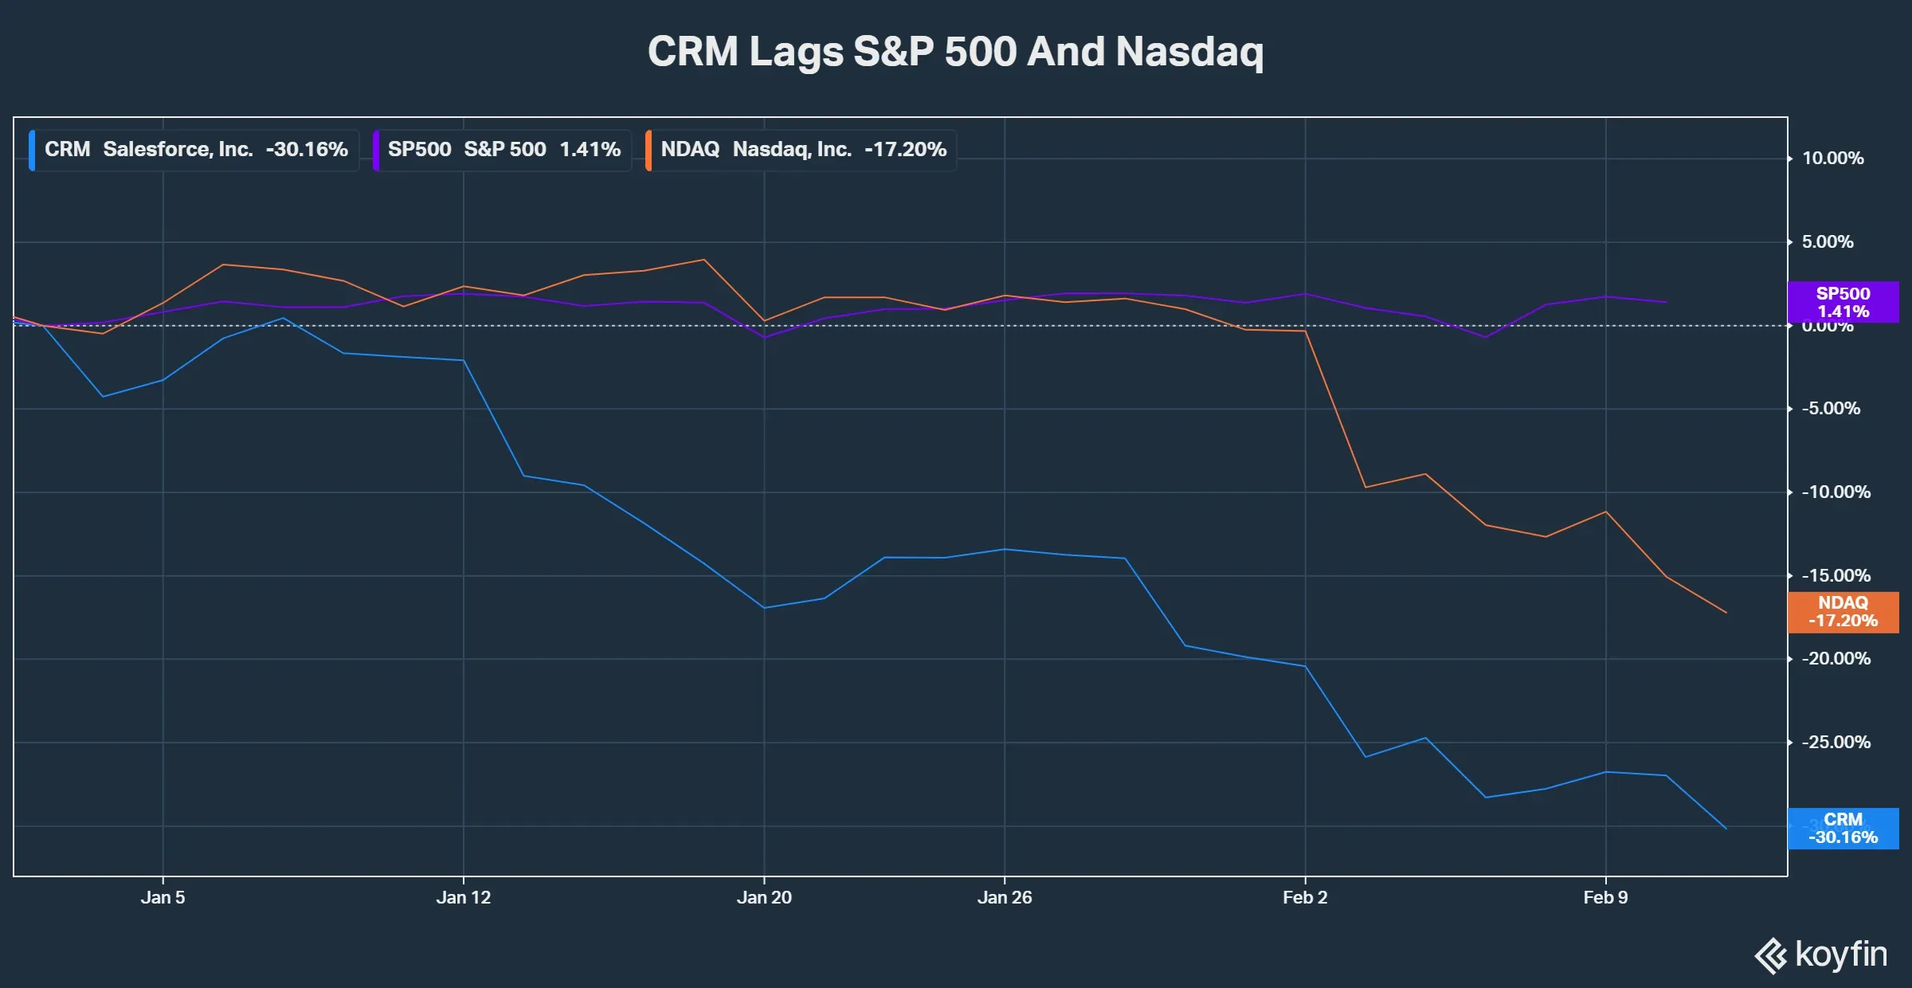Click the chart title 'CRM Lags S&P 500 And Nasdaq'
[x=955, y=52]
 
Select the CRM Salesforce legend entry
[x=195, y=150]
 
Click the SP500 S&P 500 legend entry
[x=503, y=150]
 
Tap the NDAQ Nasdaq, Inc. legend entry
[x=801, y=150]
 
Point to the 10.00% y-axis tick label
[x=1832, y=159]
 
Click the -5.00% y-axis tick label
[x=1832, y=409]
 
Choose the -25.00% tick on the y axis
[x=1836, y=743]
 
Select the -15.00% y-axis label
[x=1836, y=575]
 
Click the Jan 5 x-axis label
[x=163, y=898]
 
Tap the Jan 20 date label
[x=764, y=898]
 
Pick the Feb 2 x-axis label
[x=1305, y=898]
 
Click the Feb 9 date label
[x=1605, y=898]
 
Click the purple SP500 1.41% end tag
[x=1843, y=302]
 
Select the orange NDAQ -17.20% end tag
[x=1843, y=612]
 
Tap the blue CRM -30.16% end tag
[x=1843, y=829]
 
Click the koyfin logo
[x=1821, y=955]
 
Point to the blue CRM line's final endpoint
[x=1726, y=829]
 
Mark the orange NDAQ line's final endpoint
[x=1726, y=613]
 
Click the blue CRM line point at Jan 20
[x=764, y=608]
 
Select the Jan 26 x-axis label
[x=1004, y=898]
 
